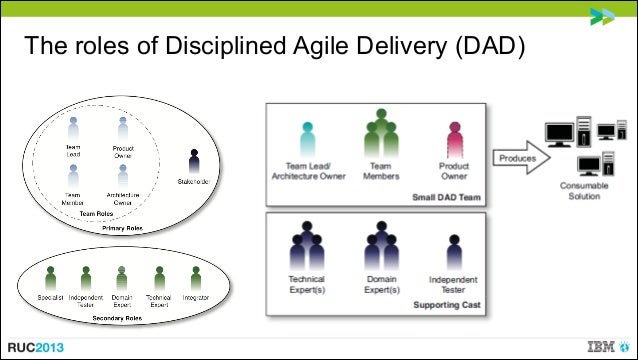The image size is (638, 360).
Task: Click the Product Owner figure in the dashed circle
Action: click(122, 128)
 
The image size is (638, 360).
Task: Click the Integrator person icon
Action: click(194, 274)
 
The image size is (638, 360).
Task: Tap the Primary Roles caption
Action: click(123, 229)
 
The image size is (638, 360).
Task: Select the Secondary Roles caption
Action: click(121, 319)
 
